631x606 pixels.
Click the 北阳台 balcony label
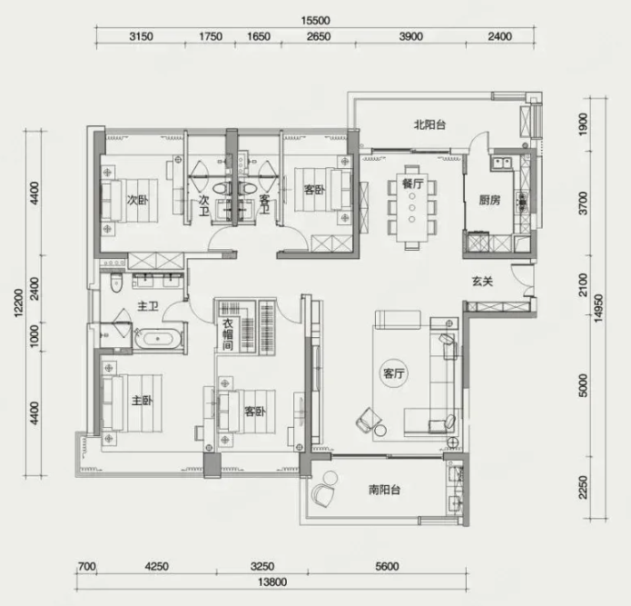point(429,124)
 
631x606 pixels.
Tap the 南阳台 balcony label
point(384,490)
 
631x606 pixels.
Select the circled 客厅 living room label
point(393,373)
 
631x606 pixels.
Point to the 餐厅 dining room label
point(412,184)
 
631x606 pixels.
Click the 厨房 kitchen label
point(489,200)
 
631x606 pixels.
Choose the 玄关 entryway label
point(482,281)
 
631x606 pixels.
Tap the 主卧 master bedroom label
point(142,401)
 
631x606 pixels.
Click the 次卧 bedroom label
point(138,200)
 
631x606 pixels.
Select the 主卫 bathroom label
point(148,306)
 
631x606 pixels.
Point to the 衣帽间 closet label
point(228,334)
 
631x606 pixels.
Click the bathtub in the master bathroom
point(157,339)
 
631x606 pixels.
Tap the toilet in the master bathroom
point(116,283)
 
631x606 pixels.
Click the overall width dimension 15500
point(316,20)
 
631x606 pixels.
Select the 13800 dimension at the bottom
point(272,582)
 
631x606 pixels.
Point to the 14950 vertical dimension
point(598,308)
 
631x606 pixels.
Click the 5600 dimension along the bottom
point(387,567)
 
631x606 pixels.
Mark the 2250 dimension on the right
point(583,487)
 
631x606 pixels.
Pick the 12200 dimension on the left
point(19,303)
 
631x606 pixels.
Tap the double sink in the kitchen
point(501,163)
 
